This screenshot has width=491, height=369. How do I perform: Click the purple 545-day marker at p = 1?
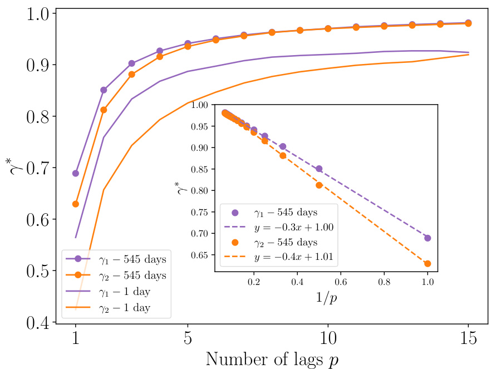point(76,173)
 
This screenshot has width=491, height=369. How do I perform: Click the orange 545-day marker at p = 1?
point(76,204)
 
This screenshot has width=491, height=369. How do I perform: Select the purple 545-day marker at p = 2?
point(104,90)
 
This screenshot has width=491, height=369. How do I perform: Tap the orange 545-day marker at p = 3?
point(131,74)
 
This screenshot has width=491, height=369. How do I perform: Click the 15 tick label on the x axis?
point(468,338)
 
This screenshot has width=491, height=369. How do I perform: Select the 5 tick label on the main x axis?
point(188,338)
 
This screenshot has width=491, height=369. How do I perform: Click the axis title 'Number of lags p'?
point(272,359)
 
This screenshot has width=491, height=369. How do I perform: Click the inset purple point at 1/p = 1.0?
point(428,238)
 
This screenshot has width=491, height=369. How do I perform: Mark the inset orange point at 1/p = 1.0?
point(428,264)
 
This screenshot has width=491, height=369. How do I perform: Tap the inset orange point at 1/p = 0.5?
point(319,185)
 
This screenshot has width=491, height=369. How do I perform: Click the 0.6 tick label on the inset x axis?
point(341,282)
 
